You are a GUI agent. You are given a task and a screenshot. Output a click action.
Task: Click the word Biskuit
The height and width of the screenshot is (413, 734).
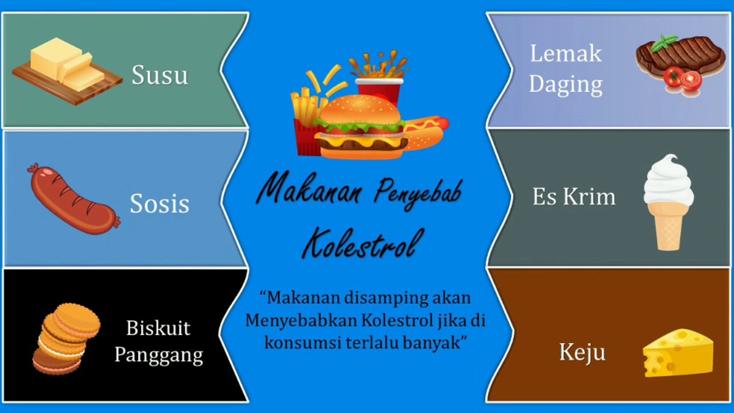(x=158, y=329)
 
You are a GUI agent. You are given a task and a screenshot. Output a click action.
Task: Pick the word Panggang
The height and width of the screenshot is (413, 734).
(x=158, y=354)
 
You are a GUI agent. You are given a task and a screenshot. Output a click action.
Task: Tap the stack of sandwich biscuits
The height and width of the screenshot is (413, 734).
(x=66, y=338)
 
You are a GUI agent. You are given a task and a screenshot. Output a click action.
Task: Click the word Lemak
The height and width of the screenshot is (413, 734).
(x=565, y=54)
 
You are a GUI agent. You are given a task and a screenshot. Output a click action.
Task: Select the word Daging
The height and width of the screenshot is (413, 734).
(x=565, y=84)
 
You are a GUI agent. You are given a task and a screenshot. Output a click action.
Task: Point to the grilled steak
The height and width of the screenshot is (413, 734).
(x=682, y=54)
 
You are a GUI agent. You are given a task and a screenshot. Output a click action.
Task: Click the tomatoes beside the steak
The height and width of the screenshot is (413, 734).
(x=682, y=79)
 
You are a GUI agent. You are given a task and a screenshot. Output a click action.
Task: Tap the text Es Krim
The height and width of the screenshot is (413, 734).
(x=573, y=197)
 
